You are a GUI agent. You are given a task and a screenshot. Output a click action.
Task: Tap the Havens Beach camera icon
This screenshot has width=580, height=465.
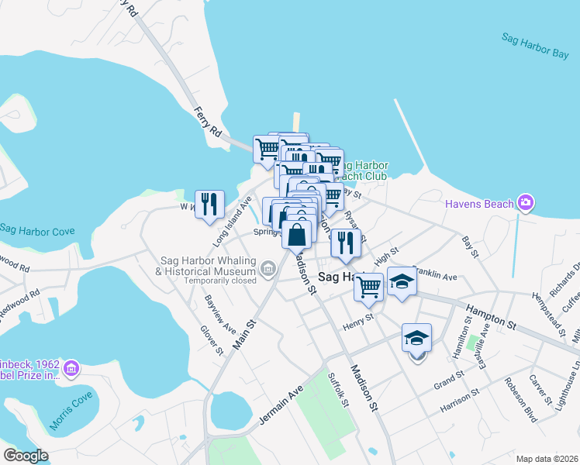point(526,203)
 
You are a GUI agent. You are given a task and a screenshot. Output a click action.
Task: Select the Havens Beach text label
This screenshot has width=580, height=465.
point(479,204)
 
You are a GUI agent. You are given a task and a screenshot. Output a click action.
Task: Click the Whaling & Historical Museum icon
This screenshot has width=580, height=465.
point(268,268)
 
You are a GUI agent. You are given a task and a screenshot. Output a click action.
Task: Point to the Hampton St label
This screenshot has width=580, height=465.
point(490,317)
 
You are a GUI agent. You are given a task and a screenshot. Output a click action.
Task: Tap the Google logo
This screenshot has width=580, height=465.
point(26,455)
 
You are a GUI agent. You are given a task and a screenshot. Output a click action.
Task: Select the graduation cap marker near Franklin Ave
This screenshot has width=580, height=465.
point(402,281)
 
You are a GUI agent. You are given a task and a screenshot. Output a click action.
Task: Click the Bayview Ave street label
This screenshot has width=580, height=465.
point(220,314)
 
